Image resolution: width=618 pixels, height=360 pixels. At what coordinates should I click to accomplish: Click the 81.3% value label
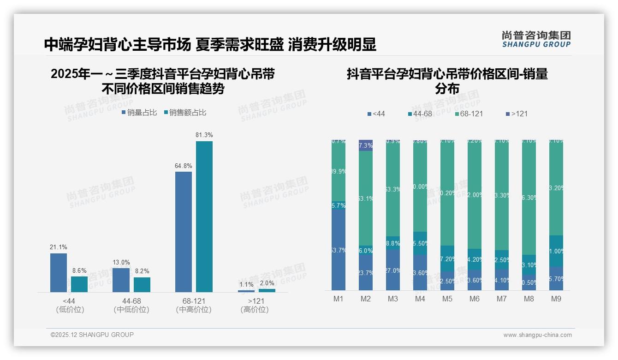pyautogui.click(x=204, y=135)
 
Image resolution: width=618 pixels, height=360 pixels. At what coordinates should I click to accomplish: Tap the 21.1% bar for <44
pyautogui.click(x=59, y=272)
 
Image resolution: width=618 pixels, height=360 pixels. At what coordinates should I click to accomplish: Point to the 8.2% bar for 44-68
pyautogui.click(x=142, y=284)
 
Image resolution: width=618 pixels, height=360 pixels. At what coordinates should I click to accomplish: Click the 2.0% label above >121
pyautogui.click(x=267, y=283)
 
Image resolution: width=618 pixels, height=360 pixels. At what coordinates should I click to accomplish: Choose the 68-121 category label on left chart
pyautogui.click(x=194, y=301)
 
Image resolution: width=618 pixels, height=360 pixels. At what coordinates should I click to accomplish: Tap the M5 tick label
pyautogui.click(x=447, y=299)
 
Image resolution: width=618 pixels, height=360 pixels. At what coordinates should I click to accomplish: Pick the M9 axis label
pyautogui.click(x=556, y=299)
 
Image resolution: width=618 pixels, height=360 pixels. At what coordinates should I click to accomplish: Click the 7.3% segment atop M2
pyautogui.click(x=366, y=145)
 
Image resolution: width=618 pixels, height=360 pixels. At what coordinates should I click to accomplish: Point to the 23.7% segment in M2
pyautogui.click(x=366, y=272)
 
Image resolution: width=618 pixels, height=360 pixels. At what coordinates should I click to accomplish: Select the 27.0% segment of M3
pyautogui.click(x=393, y=270)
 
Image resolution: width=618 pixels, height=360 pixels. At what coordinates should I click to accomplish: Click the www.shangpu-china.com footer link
pyautogui.click(x=537, y=335)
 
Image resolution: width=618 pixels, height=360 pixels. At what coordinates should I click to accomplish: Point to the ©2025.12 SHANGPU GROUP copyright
pyautogui.click(x=92, y=335)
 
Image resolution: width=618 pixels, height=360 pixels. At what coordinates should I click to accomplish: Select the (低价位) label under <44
pyautogui.click(x=70, y=310)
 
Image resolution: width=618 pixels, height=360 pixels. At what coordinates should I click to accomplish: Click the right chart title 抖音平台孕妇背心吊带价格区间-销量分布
pyautogui.click(x=447, y=81)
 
